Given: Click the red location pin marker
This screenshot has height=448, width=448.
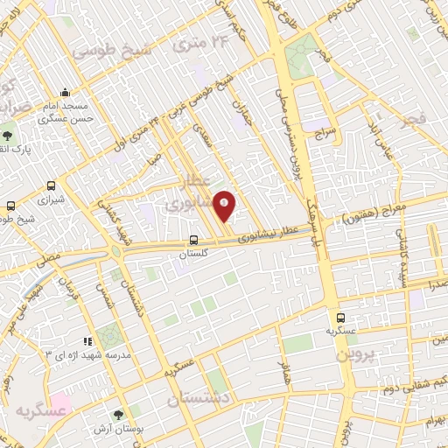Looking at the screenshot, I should click(x=225, y=205).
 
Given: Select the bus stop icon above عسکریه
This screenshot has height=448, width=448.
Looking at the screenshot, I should click(x=340, y=319).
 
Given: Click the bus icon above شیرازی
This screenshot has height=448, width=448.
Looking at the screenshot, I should click(x=52, y=185).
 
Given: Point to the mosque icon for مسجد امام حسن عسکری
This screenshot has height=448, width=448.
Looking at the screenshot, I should click(x=65, y=92).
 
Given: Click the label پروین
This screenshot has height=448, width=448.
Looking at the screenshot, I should click(x=380, y=351).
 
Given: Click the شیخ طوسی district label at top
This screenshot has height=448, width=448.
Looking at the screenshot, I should click(x=112, y=51).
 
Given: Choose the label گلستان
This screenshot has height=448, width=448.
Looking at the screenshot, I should click(x=196, y=254).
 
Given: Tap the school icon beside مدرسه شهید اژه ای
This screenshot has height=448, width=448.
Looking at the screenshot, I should click(x=87, y=341).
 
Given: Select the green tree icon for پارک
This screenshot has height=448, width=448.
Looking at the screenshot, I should click(x=8, y=136).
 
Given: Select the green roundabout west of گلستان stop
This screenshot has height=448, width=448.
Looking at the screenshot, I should click(x=115, y=251).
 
